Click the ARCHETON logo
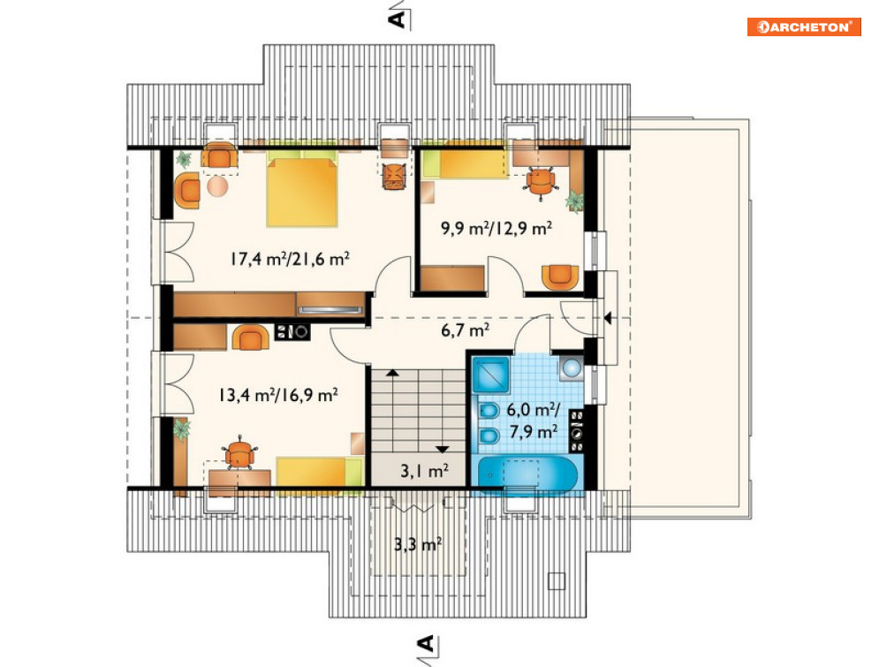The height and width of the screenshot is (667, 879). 804,27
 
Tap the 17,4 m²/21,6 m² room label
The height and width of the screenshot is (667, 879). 290,259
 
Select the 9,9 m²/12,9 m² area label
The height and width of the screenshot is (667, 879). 496,228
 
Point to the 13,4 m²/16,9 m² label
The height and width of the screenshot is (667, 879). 278,395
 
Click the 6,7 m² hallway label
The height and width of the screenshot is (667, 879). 466,330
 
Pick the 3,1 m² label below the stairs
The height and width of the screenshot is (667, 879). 424,471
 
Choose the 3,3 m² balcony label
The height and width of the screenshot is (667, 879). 418,543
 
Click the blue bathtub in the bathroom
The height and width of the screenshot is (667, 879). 527,474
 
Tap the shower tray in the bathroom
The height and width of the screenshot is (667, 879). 491,375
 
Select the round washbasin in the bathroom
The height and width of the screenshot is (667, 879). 571,368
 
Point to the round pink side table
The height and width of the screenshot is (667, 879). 217,186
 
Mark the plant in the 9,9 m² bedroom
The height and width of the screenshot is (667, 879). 574,200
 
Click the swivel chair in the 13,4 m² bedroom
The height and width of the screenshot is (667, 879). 239,454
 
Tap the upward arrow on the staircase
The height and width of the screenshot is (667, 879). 392,372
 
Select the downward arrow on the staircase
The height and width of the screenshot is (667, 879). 443,449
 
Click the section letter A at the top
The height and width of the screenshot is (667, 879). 397,19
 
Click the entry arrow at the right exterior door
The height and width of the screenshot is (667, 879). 608,318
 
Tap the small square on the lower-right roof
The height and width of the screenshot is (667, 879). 556,580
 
